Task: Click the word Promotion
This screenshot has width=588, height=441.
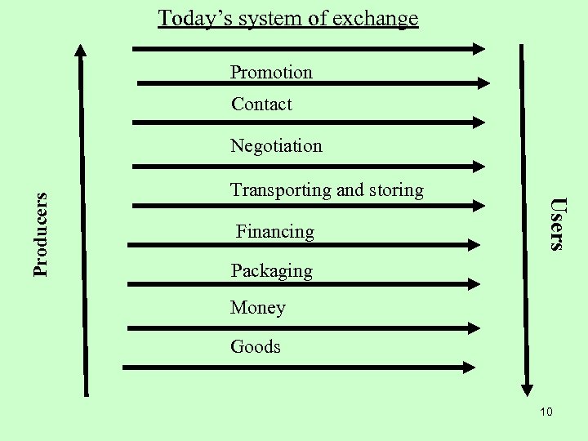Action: (271, 72)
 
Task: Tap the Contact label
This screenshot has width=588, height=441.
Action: (261, 104)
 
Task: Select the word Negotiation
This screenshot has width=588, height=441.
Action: (276, 145)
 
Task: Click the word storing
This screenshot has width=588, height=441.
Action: (395, 190)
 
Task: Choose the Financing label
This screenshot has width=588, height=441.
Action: (275, 232)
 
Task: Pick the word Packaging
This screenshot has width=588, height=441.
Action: (271, 270)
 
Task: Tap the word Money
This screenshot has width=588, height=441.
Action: (258, 308)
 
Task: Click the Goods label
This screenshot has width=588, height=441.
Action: (256, 346)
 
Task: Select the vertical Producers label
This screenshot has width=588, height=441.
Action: (42, 233)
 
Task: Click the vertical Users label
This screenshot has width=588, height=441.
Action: (556, 222)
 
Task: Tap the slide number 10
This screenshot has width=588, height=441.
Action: (546, 412)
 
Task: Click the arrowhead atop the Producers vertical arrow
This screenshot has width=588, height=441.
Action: (80, 51)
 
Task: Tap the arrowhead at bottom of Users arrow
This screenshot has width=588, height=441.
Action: (528, 387)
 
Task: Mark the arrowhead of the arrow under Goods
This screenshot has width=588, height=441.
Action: (468, 367)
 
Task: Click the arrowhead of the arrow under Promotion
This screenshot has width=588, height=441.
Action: (483, 82)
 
